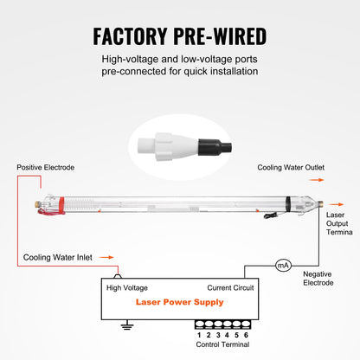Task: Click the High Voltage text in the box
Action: click(126, 287)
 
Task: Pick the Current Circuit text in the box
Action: click(230, 287)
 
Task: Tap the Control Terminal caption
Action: click(222, 344)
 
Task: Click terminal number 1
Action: click(199, 334)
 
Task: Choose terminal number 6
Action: click(246, 334)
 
